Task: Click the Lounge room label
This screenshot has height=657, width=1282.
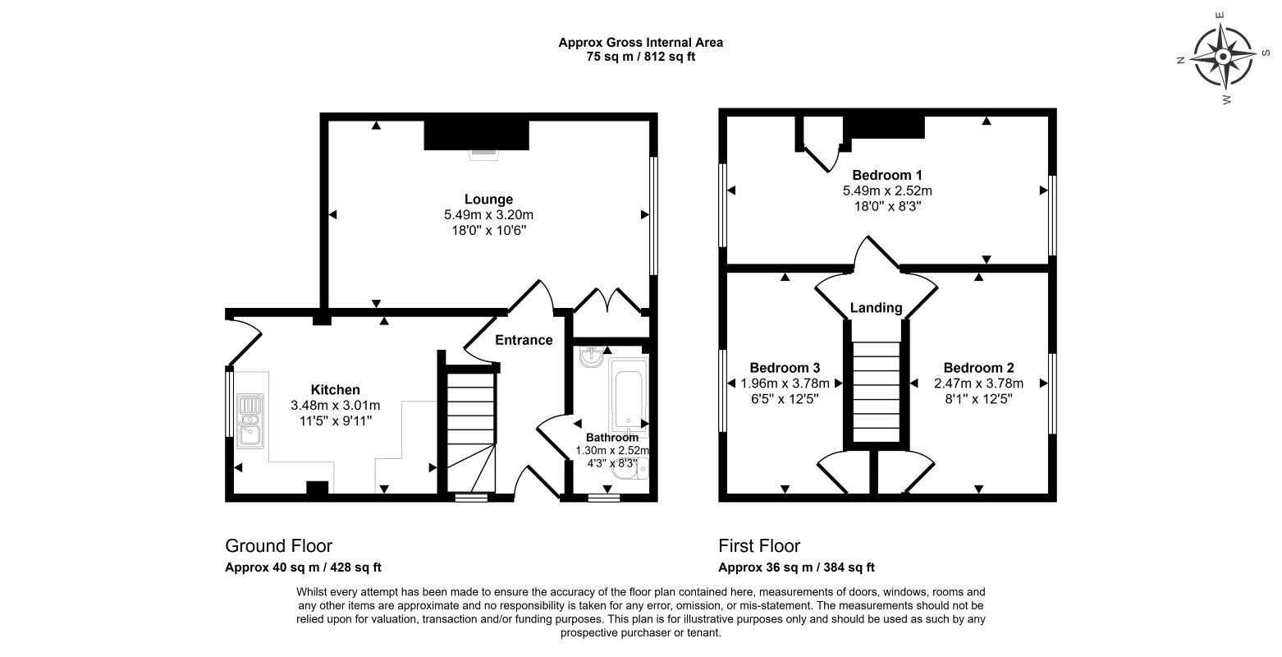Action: coord(488,200)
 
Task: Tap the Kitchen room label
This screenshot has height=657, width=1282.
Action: coord(336,389)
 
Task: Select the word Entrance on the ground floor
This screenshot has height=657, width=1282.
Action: coord(524,340)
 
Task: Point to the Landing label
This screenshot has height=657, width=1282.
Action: coord(876,308)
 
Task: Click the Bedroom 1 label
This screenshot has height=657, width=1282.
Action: coord(886,175)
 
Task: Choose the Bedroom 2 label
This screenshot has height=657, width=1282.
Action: coord(978,368)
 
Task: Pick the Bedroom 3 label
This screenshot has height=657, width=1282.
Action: coord(785,368)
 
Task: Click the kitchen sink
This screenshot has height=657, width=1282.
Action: coord(250,420)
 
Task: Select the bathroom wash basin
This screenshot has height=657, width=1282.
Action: coord(591,357)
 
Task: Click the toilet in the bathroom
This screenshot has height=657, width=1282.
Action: coord(630,469)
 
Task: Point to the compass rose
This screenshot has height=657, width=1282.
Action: coord(1223,57)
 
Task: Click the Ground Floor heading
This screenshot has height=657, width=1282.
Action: coord(279,545)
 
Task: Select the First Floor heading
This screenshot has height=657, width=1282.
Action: coord(759,545)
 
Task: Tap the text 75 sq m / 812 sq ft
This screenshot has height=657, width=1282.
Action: coord(640,57)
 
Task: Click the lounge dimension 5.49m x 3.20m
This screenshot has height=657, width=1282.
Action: coord(488,215)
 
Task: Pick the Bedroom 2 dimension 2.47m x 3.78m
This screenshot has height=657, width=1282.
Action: coord(978,384)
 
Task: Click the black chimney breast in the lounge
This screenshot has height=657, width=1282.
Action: coord(476,136)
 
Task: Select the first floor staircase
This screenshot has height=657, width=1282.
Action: coord(877,393)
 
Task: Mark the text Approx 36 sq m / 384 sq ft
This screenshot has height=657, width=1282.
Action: coord(796,567)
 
